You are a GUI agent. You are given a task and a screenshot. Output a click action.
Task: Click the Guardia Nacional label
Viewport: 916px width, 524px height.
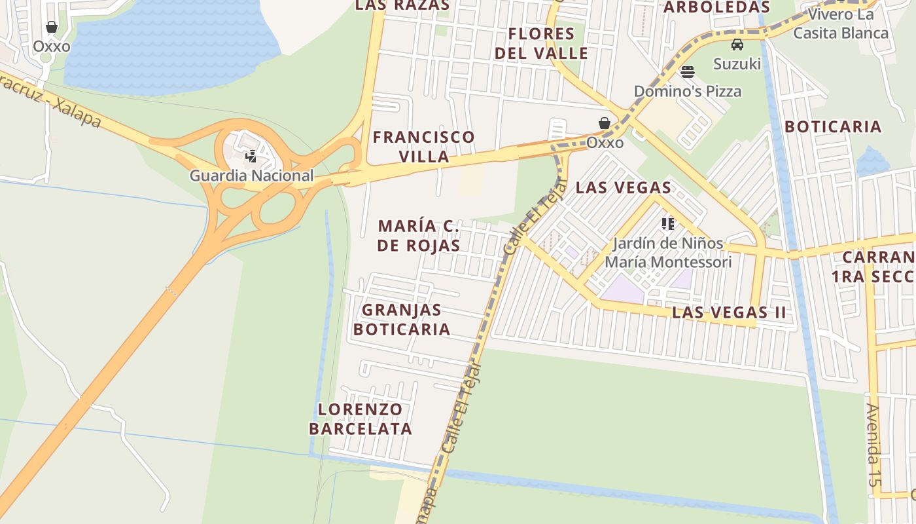252,176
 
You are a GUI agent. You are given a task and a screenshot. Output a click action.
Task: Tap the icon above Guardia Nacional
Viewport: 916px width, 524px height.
251,157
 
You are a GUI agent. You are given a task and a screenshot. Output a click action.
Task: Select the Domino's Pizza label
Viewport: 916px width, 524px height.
688,91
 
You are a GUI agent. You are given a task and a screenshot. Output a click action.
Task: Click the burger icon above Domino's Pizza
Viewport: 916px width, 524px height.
687,72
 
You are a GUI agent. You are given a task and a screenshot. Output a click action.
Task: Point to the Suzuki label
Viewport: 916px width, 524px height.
737,64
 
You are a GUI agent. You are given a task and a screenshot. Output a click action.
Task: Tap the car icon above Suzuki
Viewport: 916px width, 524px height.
737,45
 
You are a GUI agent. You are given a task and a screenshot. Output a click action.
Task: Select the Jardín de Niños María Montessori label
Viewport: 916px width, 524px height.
668,253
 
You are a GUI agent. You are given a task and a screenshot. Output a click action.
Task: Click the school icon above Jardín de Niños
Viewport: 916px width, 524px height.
667,224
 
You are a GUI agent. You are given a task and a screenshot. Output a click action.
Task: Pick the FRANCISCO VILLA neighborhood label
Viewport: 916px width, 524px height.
424,147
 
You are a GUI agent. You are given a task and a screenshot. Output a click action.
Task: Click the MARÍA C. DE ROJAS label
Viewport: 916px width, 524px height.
419,236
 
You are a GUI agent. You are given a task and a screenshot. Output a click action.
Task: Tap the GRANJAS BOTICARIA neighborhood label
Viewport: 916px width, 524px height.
402,319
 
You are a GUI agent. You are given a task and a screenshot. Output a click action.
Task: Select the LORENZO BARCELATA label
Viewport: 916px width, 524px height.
361,419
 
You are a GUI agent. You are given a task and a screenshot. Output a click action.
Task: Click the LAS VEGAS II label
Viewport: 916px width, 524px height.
729,312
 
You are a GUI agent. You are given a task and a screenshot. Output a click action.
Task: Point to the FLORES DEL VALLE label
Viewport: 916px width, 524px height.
542,43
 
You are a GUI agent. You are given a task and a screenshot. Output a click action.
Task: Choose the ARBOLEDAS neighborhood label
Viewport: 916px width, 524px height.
716,7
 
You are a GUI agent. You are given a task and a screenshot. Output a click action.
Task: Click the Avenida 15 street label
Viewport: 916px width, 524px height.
874,445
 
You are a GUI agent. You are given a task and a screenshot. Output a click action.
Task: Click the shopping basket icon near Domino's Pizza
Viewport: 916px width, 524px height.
605,123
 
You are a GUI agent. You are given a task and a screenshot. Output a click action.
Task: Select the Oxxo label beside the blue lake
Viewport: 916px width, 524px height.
52,47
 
